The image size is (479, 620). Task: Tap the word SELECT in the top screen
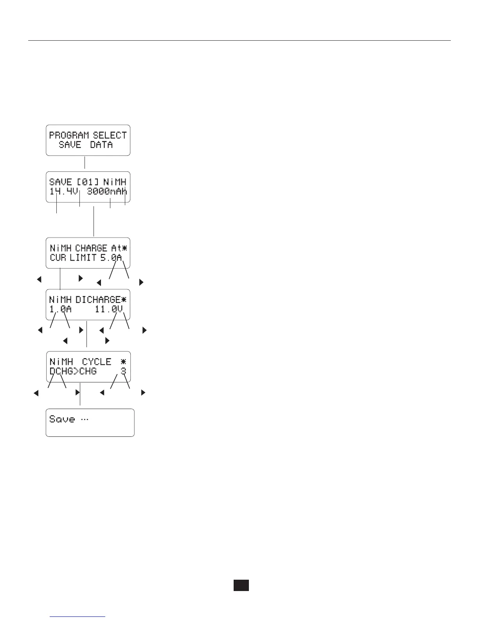click(x=110, y=135)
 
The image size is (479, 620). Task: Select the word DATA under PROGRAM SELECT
click(x=101, y=145)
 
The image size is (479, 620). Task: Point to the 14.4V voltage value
click(x=64, y=192)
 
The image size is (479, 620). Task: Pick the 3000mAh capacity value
click(x=107, y=192)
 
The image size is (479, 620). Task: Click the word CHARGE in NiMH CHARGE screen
click(x=91, y=248)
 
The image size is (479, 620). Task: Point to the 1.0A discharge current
click(x=60, y=310)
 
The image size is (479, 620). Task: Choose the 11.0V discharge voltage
click(x=109, y=310)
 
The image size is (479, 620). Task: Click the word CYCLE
click(x=97, y=362)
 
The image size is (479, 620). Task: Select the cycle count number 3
click(x=123, y=371)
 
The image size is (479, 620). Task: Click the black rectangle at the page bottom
click(x=241, y=585)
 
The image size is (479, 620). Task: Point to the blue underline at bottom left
click(x=78, y=617)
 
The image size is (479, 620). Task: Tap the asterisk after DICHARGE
click(x=124, y=300)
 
